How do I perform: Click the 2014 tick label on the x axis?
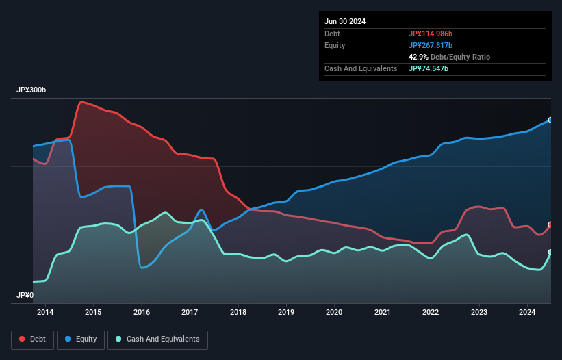(45, 313)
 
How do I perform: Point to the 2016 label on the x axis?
(142, 313)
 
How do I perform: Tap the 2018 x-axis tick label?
(238, 313)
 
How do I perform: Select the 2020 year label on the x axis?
(335, 313)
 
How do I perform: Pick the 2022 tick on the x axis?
(431, 313)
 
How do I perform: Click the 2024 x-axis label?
(528, 313)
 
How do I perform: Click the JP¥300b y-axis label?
(31, 90)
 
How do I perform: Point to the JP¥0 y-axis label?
(25, 295)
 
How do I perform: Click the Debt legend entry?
(33, 339)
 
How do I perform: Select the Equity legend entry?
(81, 339)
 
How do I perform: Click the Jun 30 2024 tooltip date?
(345, 21)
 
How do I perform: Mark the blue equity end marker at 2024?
(550, 120)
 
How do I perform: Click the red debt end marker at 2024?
(550, 224)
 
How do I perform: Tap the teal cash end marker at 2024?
(550, 252)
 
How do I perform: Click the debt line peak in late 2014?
(81, 102)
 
